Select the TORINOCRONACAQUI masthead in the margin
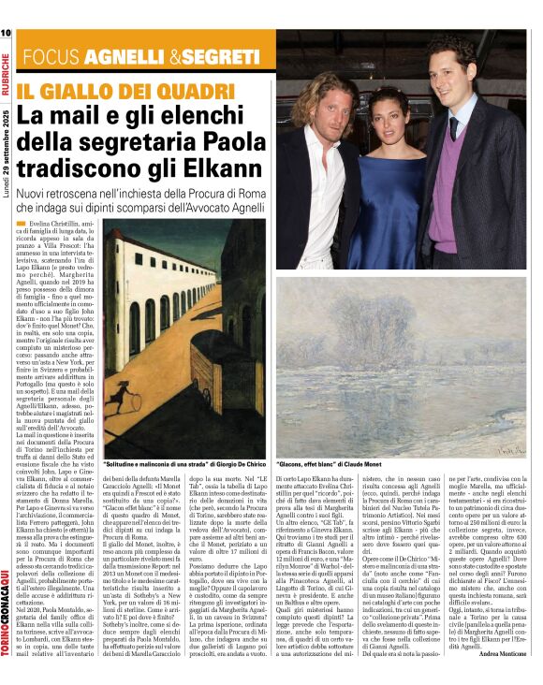tap(7, 618)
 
